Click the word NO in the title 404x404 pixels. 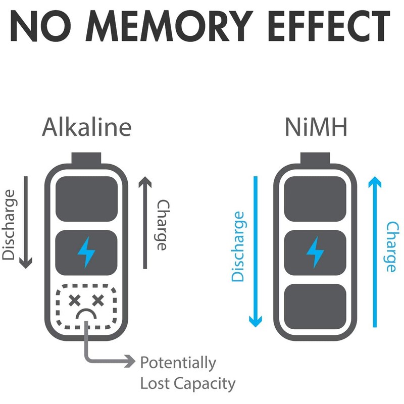[x=44, y=26]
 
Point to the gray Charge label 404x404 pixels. [x=162, y=225]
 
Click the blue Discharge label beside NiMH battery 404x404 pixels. [x=238, y=246]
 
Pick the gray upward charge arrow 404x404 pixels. [x=145, y=222]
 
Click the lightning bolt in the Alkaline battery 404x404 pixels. [x=86, y=252]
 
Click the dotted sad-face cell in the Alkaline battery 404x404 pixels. [x=86, y=307]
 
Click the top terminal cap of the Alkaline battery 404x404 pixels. [x=86, y=158]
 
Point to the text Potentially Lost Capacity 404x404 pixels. [x=187, y=373]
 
